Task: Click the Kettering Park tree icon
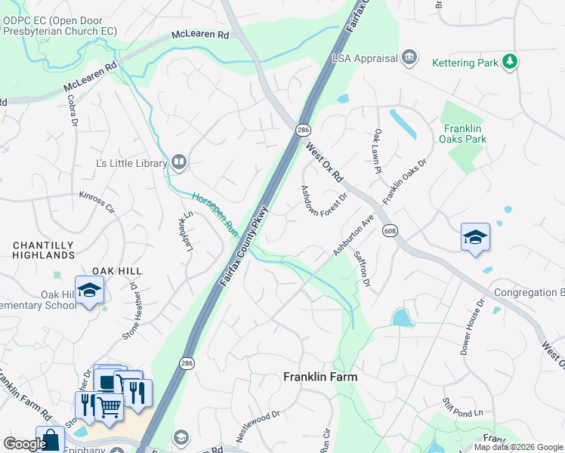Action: point(511,61)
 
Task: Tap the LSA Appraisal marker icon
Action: point(409,57)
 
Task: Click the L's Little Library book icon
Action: point(179,160)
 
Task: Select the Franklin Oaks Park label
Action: point(465,134)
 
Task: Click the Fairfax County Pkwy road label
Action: point(245,246)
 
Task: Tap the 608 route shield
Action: point(390,230)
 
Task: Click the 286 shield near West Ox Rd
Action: point(302,131)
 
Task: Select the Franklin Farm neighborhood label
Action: point(320,376)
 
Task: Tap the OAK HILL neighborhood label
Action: point(117,270)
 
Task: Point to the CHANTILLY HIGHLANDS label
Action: point(43,250)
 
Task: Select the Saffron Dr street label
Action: point(361,269)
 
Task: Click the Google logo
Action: point(25,444)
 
